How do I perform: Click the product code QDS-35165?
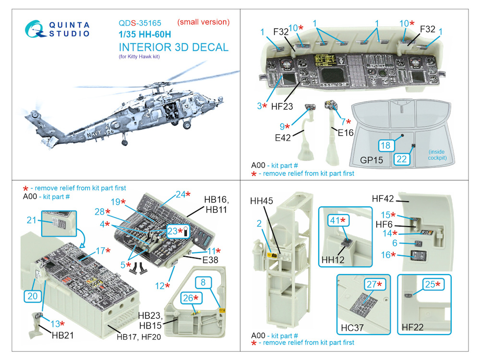pyautogui.click(x=140, y=23)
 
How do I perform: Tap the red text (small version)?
pyautogui.click(x=204, y=22)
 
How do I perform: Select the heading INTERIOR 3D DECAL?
pyautogui.click(x=173, y=48)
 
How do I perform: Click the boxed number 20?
pyautogui.click(x=33, y=296)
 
